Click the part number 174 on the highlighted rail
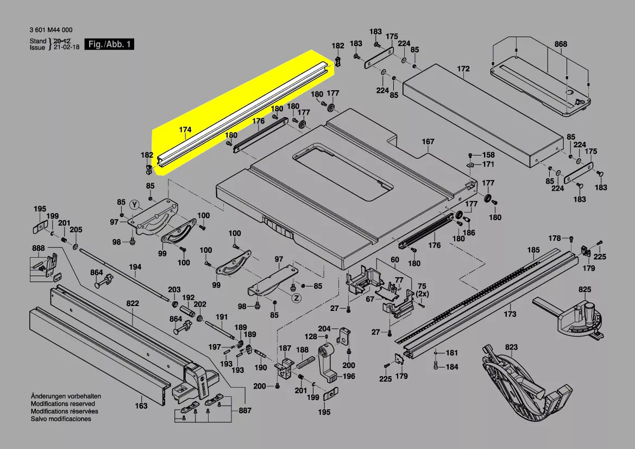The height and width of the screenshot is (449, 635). tap(185, 130)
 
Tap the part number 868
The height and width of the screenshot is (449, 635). tap(561, 45)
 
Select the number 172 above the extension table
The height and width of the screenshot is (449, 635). tap(463, 69)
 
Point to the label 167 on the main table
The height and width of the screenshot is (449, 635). tap(428, 142)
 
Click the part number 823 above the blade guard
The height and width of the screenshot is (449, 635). tap(511, 347)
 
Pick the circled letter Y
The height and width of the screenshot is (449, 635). tap(135, 204)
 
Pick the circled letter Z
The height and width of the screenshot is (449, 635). tap(296, 298)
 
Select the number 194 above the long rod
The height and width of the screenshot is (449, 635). tap(135, 267)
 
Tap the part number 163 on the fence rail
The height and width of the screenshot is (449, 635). tap(141, 406)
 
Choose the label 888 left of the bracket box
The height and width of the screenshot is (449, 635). tap(39, 248)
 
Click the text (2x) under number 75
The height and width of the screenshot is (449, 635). tap(422, 294)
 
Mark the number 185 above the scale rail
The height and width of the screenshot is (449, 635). tap(534, 250)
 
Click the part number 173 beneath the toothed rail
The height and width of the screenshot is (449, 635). tap(510, 314)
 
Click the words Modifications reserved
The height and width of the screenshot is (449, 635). tap(62, 404)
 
